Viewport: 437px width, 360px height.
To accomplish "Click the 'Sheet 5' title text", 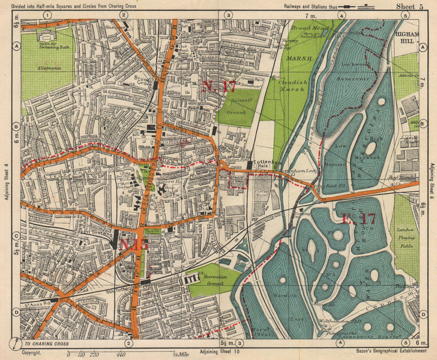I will point(410,6).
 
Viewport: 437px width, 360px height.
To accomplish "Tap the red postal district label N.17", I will point(218,87).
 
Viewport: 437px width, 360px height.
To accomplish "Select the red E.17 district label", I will point(359,220).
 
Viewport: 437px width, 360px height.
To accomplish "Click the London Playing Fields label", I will point(406,234).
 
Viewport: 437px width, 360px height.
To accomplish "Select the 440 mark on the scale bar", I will point(121,355).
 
